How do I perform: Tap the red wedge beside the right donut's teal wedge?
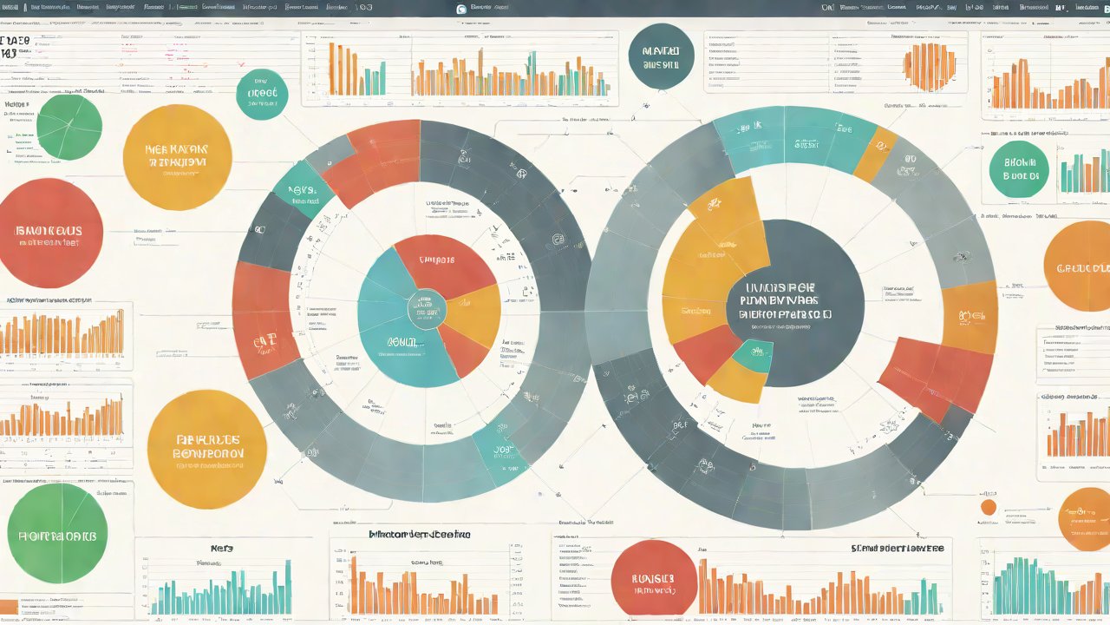coord(707,352)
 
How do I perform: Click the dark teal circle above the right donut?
coord(661,56)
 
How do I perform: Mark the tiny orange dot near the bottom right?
coord(988,507)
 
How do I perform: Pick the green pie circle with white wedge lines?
coord(69,128)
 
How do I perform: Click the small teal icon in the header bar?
coord(461,9)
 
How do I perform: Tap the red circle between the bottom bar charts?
coord(654,577)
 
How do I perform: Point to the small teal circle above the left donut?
coord(262,94)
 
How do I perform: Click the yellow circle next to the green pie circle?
coord(177,157)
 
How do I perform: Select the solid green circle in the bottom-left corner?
coord(57,533)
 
